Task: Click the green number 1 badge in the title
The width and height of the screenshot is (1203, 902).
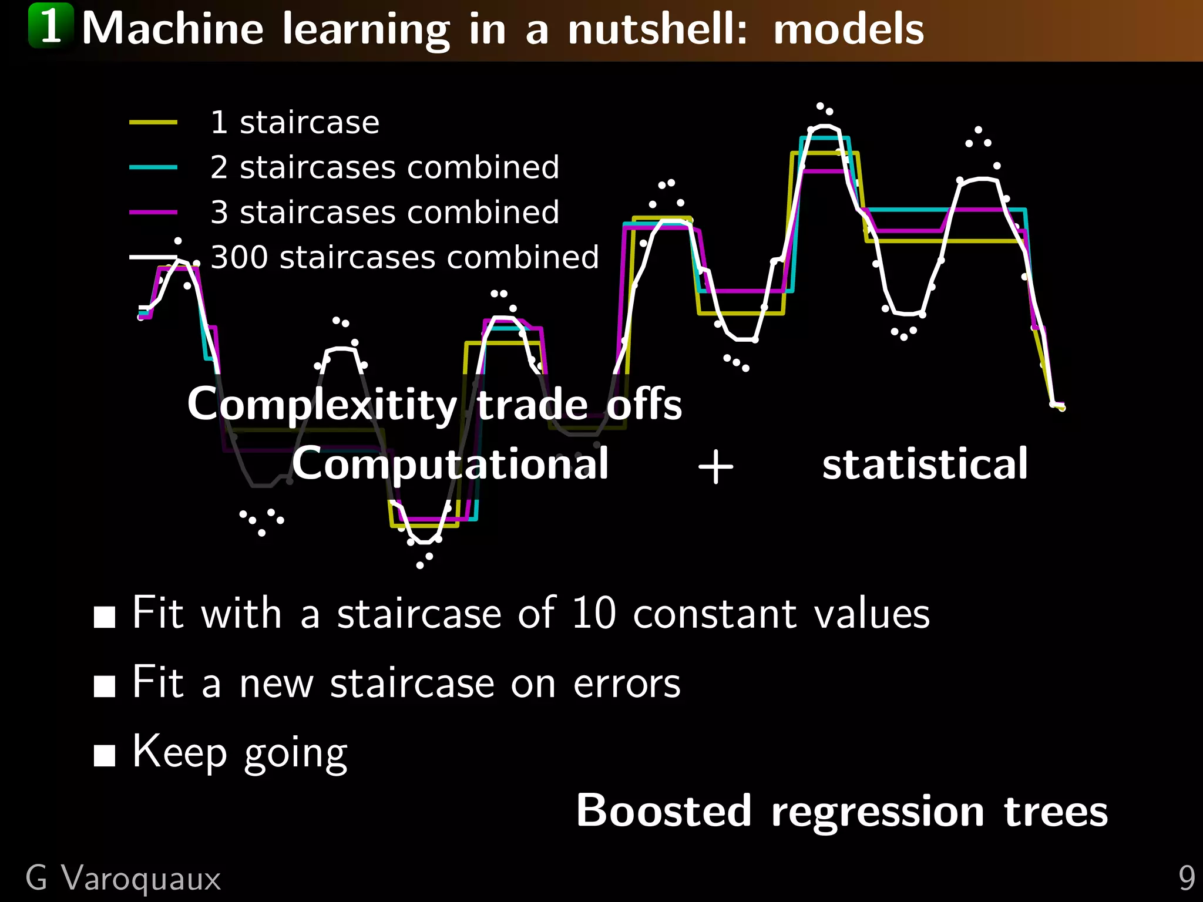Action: coord(51,26)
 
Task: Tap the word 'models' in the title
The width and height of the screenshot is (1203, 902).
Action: coord(848,29)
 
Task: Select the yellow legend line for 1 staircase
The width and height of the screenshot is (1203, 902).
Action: coord(153,122)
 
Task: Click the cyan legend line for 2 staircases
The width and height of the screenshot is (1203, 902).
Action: coord(153,167)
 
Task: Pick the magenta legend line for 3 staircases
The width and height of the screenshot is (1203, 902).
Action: coord(153,212)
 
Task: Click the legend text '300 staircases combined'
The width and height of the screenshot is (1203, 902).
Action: coord(404,257)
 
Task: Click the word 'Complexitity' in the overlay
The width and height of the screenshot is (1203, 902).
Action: coord(321,405)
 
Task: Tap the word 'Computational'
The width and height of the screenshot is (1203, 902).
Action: coord(450,464)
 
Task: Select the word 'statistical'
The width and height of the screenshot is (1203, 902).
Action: coord(925,464)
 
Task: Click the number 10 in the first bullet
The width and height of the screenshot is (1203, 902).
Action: coord(593,613)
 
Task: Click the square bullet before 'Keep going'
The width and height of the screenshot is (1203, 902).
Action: coord(105,756)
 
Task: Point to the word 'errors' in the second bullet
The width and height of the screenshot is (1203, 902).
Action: coord(626,684)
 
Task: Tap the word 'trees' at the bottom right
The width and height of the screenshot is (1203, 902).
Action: coord(1056,812)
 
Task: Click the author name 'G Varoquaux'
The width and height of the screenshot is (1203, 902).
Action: coord(123,879)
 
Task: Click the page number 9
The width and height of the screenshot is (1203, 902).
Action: coord(1186,879)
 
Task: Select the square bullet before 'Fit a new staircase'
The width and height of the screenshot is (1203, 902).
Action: coord(105,686)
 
